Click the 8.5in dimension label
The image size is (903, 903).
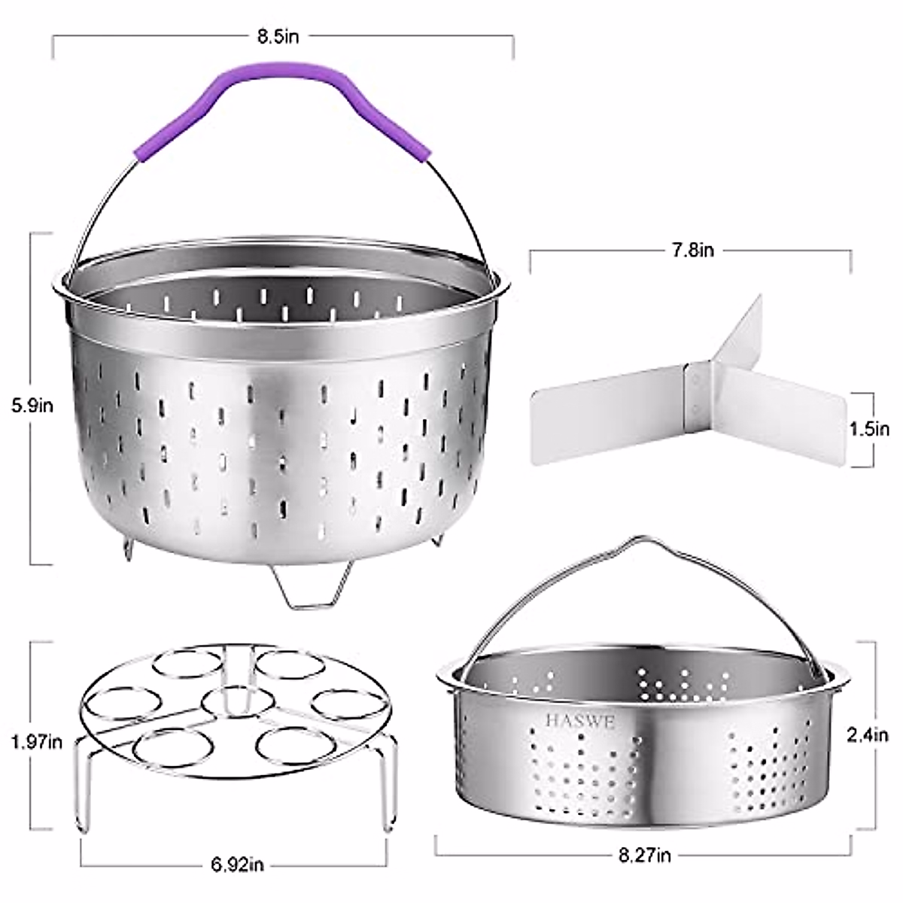[x=278, y=37]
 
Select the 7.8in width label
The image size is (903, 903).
[x=693, y=251]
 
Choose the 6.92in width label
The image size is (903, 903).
[x=235, y=866]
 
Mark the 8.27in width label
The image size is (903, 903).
[x=643, y=855]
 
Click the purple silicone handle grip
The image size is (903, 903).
[x=283, y=111]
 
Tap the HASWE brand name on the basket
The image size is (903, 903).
[x=580, y=722]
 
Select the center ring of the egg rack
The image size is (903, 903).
[x=226, y=702]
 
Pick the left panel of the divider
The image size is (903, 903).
[x=610, y=425]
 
